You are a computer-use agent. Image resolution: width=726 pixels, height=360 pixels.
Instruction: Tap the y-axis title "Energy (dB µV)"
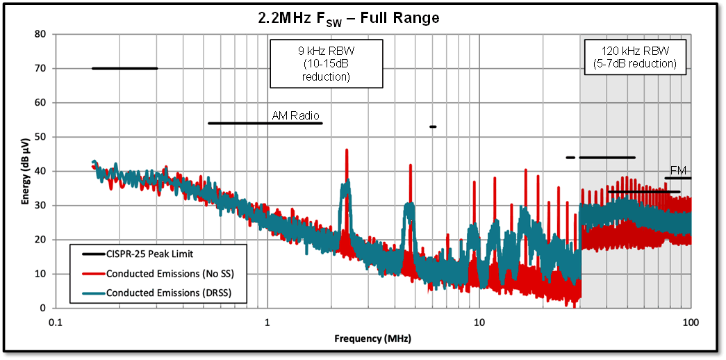click(26, 170)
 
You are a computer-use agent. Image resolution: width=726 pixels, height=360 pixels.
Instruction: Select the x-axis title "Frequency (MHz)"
click(372, 338)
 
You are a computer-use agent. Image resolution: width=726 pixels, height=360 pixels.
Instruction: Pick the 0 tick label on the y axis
click(43, 308)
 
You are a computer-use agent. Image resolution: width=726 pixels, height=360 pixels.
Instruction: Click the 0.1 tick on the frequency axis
click(56, 322)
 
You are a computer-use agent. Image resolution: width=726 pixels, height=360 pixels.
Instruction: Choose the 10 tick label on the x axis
click(479, 322)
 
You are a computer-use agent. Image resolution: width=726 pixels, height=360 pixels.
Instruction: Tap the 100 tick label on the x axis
click(690, 322)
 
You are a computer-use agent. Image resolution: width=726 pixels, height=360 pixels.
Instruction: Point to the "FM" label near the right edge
click(678, 171)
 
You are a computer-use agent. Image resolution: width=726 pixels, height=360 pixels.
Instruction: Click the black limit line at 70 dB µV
click(125, 68)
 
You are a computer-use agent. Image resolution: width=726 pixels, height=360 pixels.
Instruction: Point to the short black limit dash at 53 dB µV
click(433, 126)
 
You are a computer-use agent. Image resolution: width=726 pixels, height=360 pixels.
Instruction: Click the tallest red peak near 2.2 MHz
click(346, 151)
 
